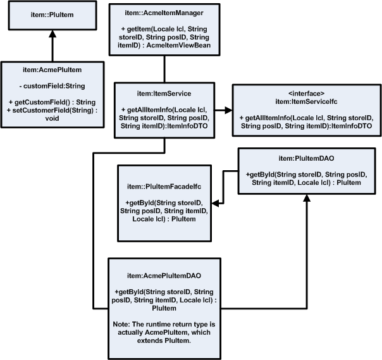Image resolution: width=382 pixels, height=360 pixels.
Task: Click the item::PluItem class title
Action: [52, 16]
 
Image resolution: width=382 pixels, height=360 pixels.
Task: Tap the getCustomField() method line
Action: [51, 101]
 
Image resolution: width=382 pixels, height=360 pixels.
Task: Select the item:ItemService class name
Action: [164, 93]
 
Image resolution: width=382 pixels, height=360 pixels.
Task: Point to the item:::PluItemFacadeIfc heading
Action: [164, 187]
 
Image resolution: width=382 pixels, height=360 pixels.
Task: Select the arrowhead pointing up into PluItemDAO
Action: [306, 198]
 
